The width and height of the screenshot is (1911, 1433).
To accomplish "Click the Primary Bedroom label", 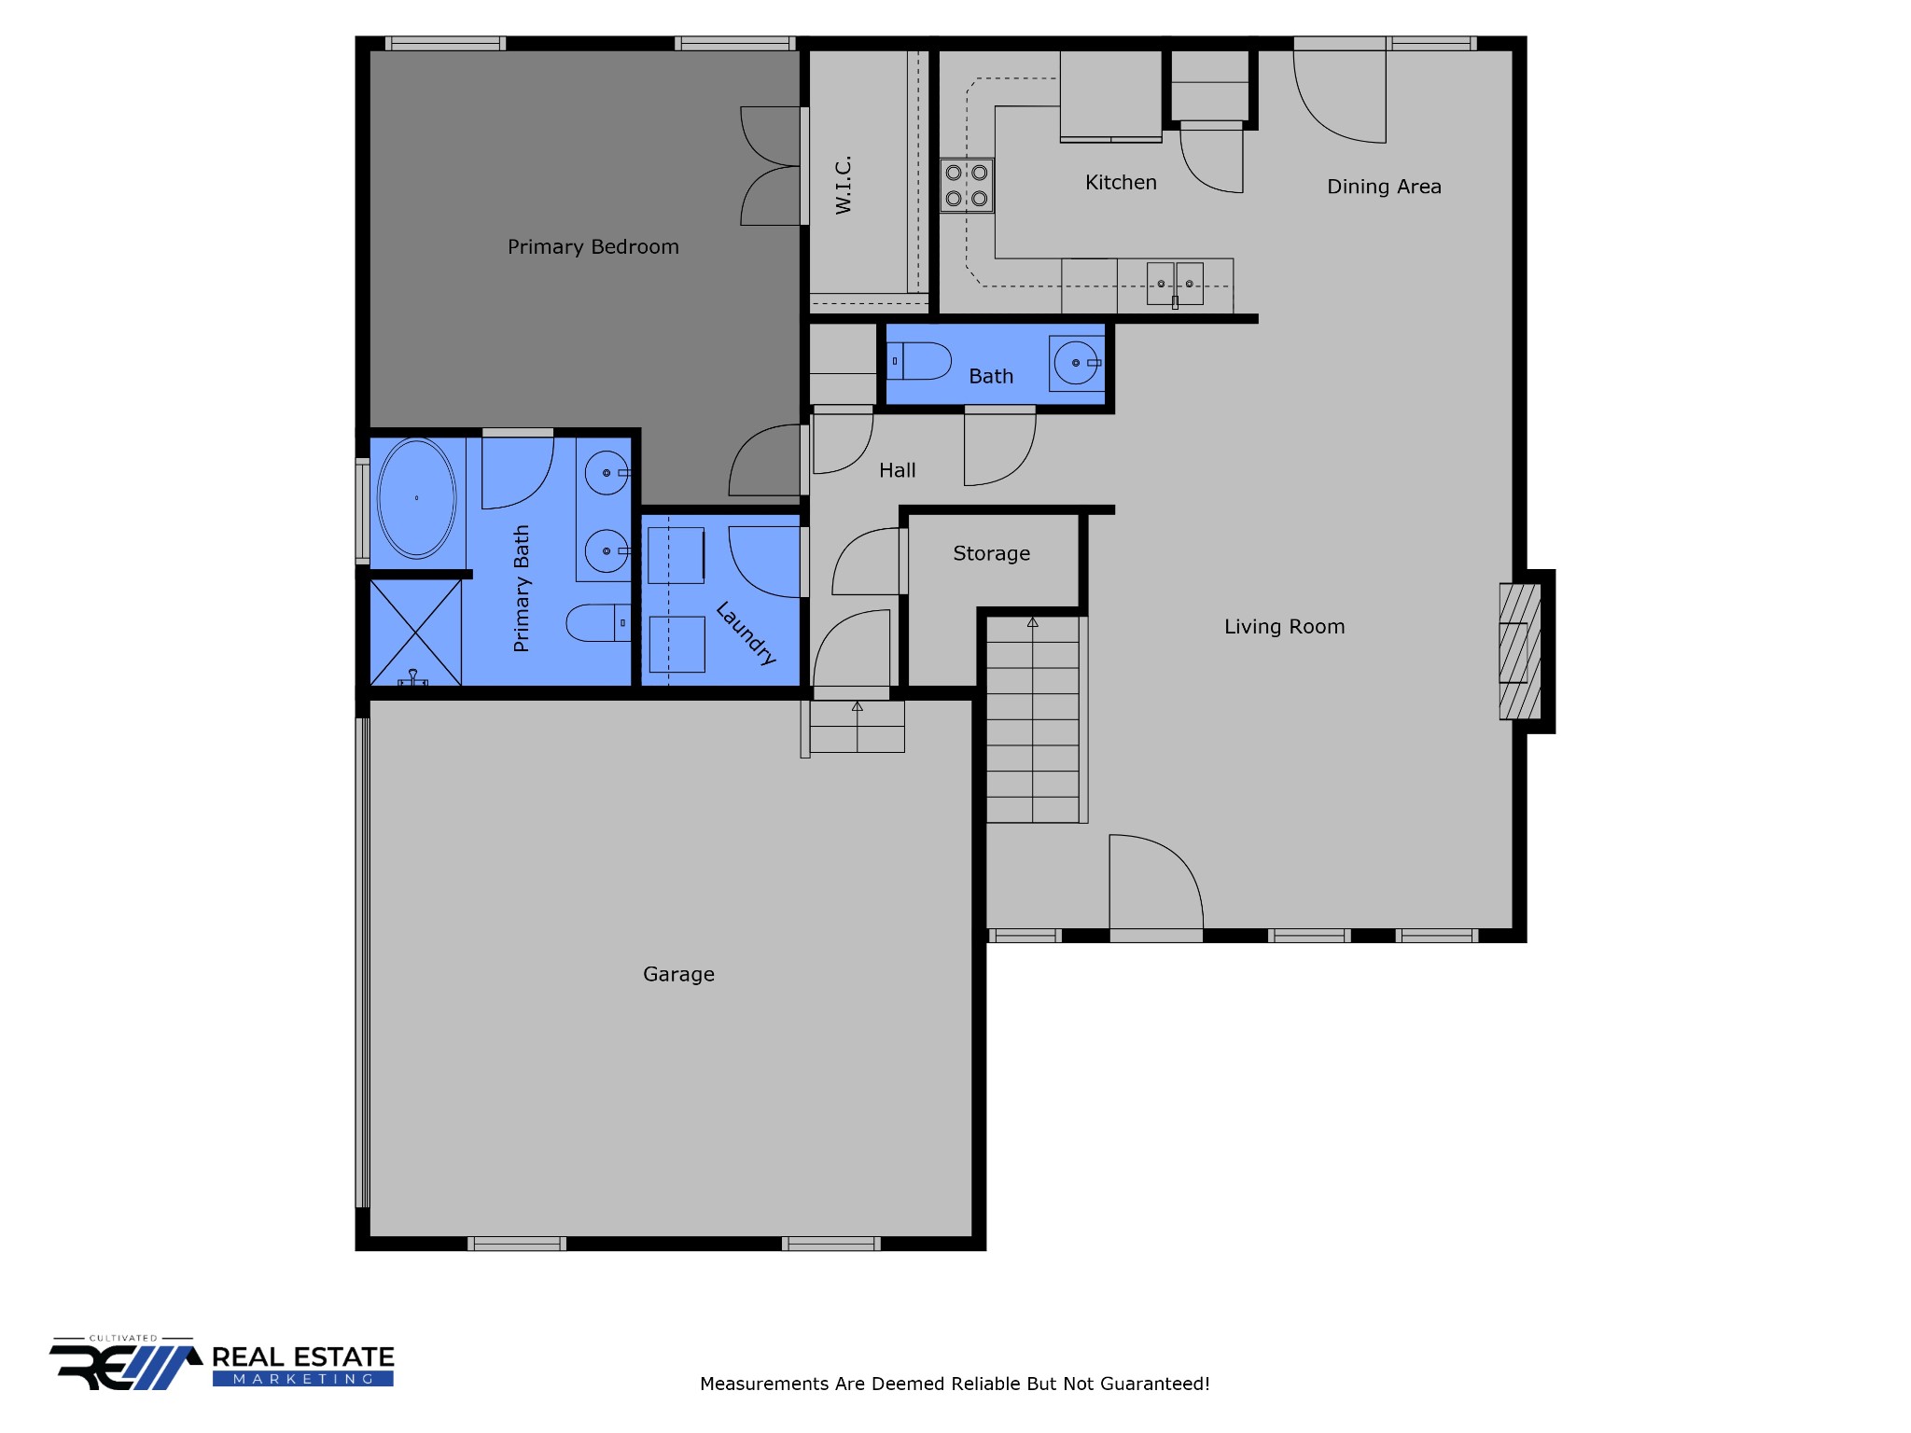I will coord(593,247).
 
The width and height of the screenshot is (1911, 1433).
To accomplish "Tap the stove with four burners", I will coord(967,186).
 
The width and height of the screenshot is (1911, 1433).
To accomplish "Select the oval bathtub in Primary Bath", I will coord(416,498).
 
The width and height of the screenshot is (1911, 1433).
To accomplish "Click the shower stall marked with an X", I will coord(415,633).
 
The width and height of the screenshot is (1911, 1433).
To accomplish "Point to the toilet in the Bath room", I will coord(919,361).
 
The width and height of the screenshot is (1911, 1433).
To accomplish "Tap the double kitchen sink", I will coord(1175,284).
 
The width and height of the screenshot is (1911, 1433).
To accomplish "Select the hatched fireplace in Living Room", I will coord(1519,651).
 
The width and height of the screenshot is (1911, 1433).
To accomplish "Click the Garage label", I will coord(678,974).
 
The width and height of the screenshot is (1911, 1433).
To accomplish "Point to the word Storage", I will coord(991,553).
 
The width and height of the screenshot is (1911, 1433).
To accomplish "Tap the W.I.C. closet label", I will coord(844,185).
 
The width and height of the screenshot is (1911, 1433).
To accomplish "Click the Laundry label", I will coord(746,633).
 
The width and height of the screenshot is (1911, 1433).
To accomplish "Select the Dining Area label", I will coord(1384,187).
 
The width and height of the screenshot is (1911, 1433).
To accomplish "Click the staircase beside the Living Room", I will coord(1033,720).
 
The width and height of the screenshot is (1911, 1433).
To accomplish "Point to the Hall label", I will coord(897,470).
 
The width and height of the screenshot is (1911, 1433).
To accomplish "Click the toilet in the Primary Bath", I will coord(598,622).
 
